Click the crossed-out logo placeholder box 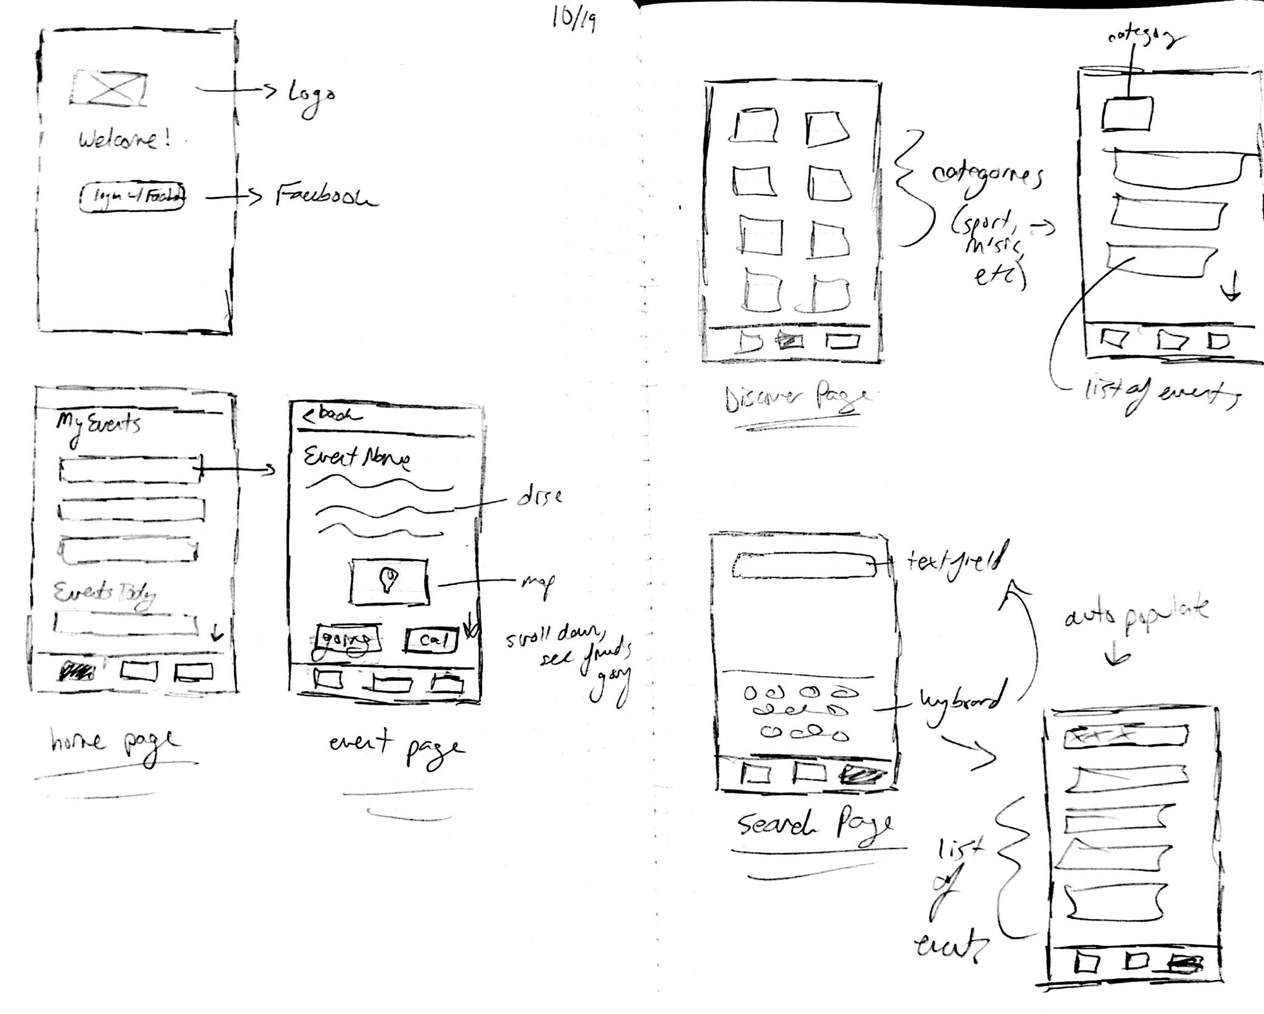click(x=109, y=88)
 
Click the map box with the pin click(x=389, y=581)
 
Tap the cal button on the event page click(x=432, y=640)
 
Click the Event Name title click(x=357, y=458)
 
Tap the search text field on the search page click(x=804, y=565)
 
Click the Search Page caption click(x=815, y=825)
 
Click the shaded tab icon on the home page click(x=77, y=671)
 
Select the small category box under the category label click(x=1127, y=114)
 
